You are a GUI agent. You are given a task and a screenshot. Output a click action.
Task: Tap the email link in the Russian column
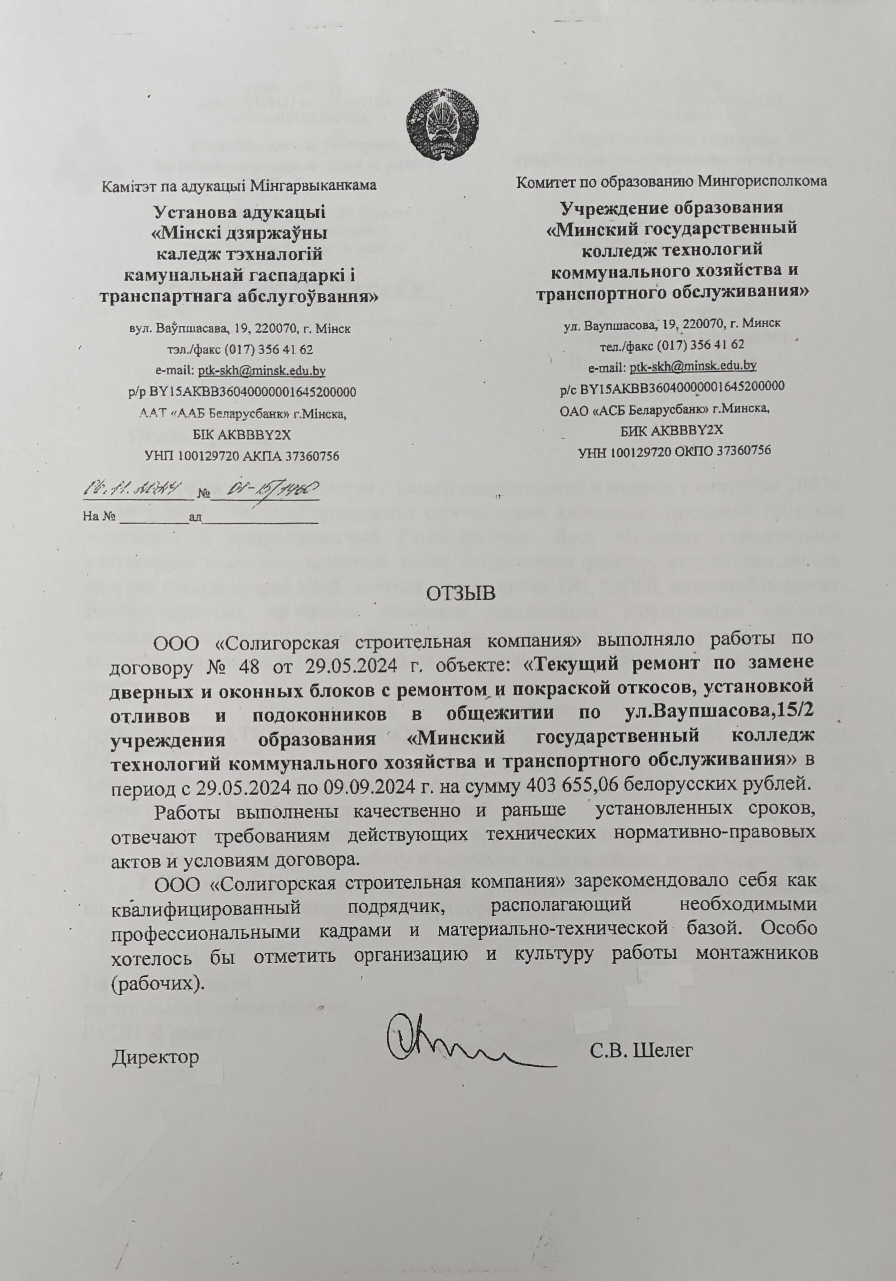pos(692,366)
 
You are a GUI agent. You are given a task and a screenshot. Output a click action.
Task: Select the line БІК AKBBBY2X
pos(242,435)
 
